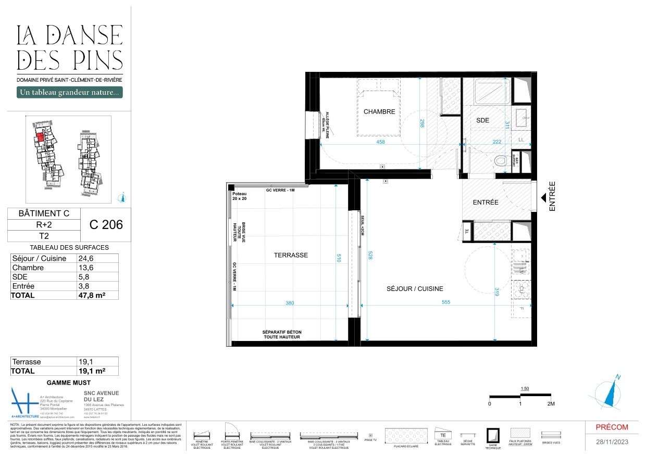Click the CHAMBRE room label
tap(379, 111)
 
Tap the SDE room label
tap(483, 120)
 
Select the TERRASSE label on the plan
tap(291, 255)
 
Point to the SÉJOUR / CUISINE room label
tap(415, 288)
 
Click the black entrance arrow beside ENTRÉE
tap(543, 198)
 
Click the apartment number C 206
tap(106, 225)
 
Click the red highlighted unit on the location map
tap(40, 137)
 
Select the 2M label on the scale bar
tap(551, 404)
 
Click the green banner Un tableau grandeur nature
tap(70, 93)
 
